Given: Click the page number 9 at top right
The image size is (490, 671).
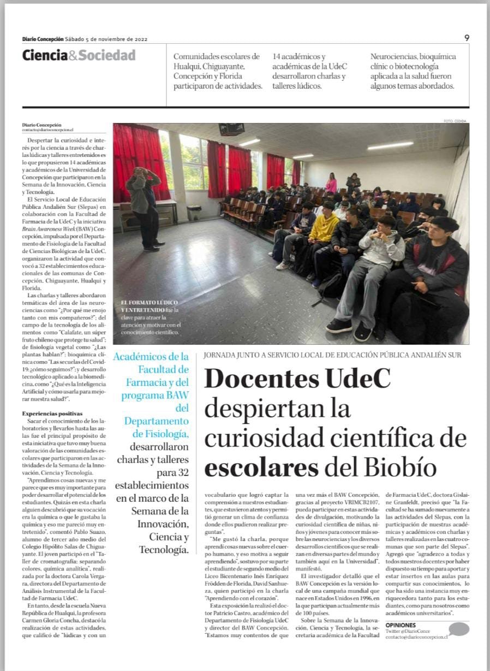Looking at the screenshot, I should click(x=467, y=38).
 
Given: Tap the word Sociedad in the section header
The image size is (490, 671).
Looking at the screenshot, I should click(x=107, y=55).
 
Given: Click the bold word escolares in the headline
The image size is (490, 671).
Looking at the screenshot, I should click(x=261, y=468).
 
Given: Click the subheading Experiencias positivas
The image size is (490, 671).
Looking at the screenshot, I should click(x=52, y=414).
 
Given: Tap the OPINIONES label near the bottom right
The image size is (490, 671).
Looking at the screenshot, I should click(x=401, y=625).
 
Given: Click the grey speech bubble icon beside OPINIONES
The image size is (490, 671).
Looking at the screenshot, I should click(x=458, y=629).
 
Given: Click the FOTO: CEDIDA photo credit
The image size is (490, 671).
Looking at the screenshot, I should click(x=456, y=121).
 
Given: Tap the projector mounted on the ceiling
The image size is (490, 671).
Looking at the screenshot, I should click(x=231, y=130).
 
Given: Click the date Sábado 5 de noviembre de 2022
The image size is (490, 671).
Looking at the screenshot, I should click(x=106, y=39).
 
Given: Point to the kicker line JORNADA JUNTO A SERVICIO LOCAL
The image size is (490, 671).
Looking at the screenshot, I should click(x=332, y=355).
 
